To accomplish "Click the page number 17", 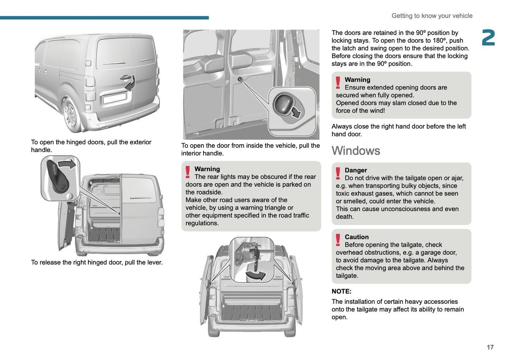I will click(490, 347).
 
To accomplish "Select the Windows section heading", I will click(356, 151).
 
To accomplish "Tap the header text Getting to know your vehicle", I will click(432, 16).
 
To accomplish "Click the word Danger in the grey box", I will click(356, 170).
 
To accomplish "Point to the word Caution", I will click(356, 237).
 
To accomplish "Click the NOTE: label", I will click(341, 291).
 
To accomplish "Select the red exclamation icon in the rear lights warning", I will click(188, 172).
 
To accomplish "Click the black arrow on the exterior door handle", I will click(130, 83).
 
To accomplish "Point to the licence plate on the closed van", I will click(115, 97).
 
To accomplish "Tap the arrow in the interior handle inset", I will click(295, 112).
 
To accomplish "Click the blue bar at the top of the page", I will click(104, 18).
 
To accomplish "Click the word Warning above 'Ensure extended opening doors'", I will click(358, 80).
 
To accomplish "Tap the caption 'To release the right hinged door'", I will click(97, 262).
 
